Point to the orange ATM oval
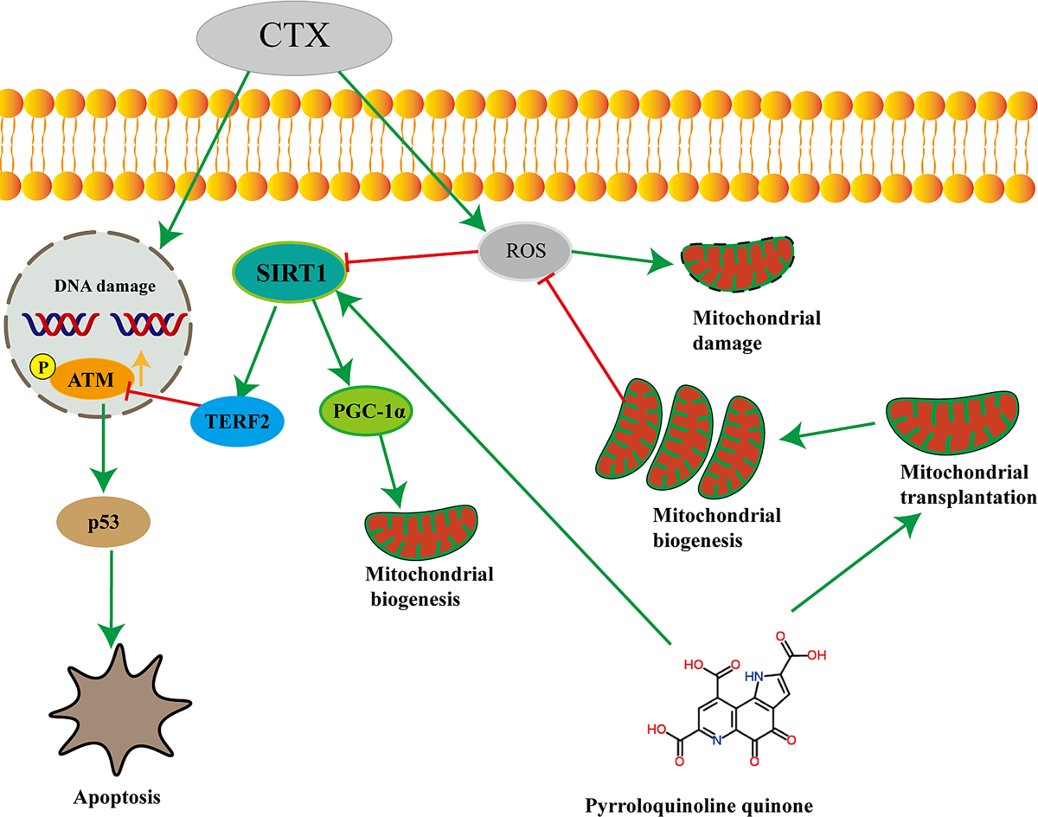pos(90,377)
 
